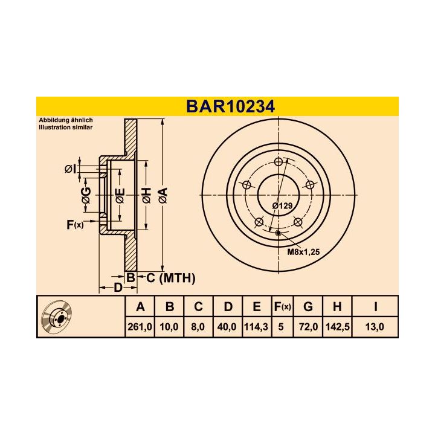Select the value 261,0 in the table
tap(141, 327)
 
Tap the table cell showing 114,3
tap(257, 327)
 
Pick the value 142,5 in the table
tap(337, 327)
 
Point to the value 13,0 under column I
tap(375, 327)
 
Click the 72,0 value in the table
tap(308, 327)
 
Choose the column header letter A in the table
tap(141, 307)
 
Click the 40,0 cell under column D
tap(228, 327)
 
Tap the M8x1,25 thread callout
tap(302, 251)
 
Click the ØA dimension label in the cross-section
tap(162, 195)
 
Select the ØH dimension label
tap(146, 195)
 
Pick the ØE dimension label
tap(120, 195)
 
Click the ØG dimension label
tap(86, 195)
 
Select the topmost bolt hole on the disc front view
tap(279, 162)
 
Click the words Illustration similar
tap(65, 128)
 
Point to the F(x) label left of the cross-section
tap(74, 225)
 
